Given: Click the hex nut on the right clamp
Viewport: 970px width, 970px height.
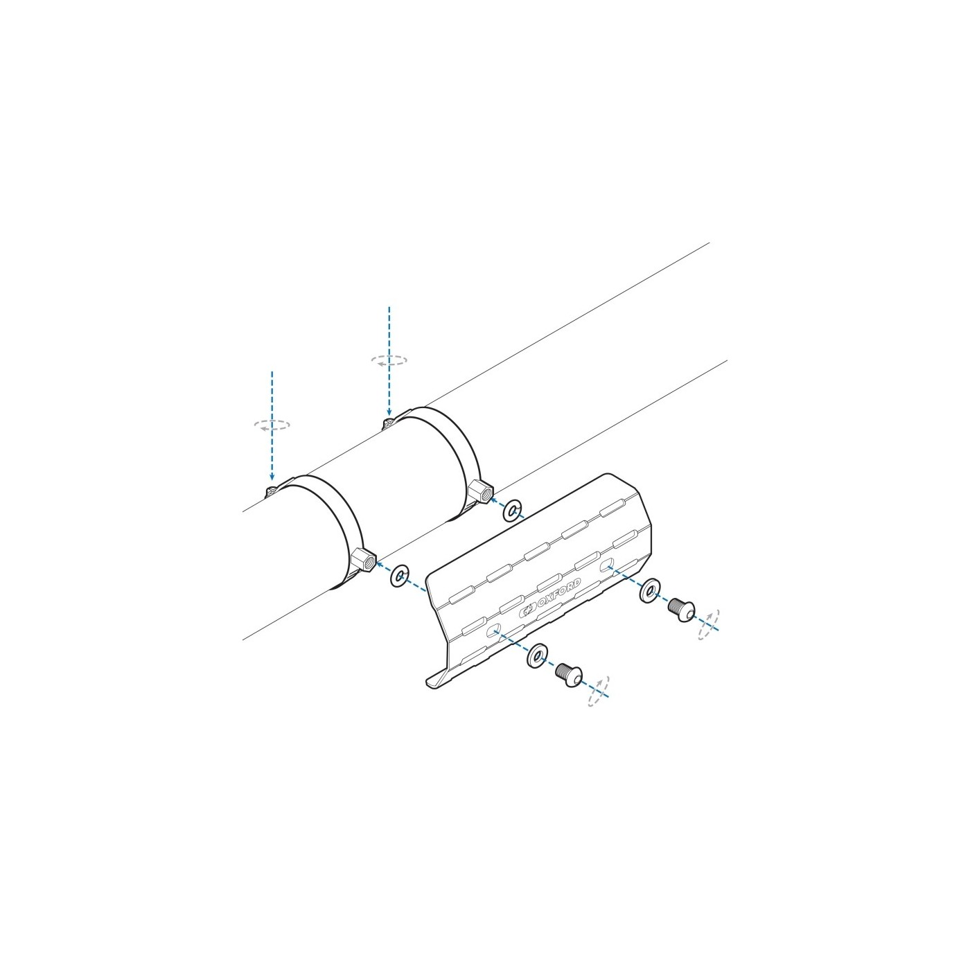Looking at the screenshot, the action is pos(481,491).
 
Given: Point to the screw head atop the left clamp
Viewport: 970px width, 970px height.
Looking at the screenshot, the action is pos(272,490).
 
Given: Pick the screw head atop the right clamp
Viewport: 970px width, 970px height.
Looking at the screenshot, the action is pos(389,423).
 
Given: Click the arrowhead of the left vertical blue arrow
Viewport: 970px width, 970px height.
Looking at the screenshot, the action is pos(272,476).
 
